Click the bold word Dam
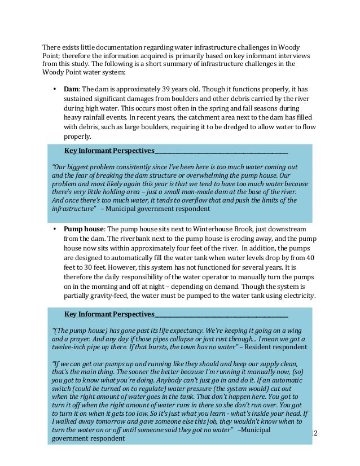click(x=71, y=89)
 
